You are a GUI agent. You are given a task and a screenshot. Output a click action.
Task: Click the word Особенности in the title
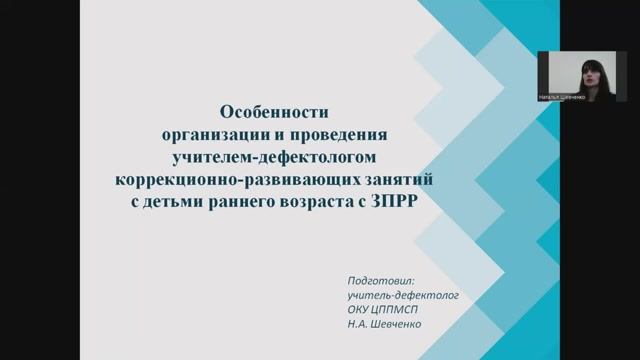272,113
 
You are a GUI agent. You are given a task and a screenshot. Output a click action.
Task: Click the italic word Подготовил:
373,281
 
